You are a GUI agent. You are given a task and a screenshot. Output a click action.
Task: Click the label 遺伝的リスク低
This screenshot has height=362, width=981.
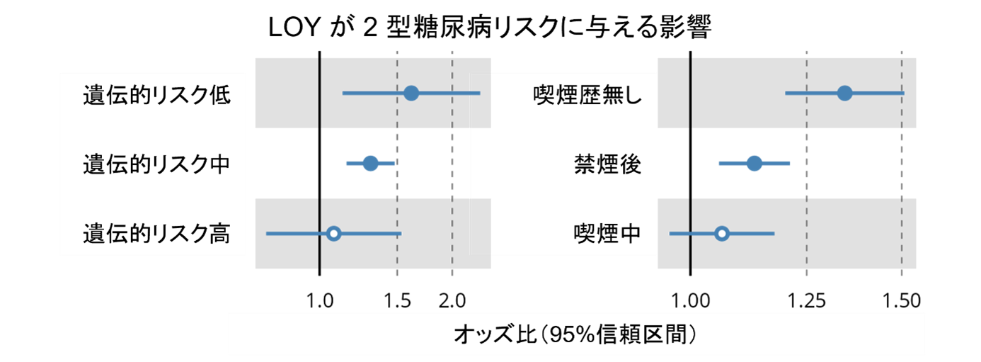(156, 95)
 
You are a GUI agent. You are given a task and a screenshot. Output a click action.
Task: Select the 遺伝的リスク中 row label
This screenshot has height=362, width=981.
(156, 164)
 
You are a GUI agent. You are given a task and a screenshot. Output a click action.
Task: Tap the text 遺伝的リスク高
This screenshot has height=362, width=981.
(156, 234)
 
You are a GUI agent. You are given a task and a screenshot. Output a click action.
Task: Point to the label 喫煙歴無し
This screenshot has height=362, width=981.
(587, 95)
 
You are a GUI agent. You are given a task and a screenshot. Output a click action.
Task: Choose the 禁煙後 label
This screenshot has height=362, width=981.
(607, 164)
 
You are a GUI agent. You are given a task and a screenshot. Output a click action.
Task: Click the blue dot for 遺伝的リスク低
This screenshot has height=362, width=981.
(411, 93)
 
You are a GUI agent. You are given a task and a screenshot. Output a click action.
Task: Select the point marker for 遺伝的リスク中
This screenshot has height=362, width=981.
(370, 164)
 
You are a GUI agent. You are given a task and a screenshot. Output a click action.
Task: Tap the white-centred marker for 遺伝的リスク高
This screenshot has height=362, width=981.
(334, 233)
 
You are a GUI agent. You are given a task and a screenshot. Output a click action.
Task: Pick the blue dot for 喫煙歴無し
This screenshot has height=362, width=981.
(844, 93)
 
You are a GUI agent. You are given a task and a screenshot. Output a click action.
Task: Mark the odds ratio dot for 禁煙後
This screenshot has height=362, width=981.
(755, 164)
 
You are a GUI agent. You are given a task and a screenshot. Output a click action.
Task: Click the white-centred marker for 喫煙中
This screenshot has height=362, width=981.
(721, 233)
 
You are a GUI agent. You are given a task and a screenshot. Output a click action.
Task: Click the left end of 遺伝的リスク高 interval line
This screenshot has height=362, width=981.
(267, 233)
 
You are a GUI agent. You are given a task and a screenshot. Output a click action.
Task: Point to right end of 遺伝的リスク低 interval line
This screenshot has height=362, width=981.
(479, 93)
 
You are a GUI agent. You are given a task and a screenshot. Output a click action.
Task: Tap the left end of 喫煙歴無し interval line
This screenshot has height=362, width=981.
(786, 93)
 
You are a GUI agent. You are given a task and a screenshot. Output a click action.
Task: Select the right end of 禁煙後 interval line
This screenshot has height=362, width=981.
(788, 164)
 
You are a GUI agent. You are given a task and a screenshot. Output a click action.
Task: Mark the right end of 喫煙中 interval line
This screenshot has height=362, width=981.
(774, 233)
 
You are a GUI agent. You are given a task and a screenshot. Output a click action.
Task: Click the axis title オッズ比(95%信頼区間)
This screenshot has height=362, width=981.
(576, 334)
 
